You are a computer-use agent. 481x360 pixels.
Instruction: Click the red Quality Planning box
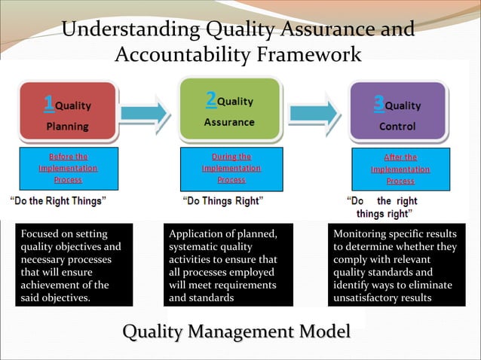pyautogui.click(x=67, y=113)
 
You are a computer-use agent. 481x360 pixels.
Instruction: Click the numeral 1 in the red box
pyautogui.click(x=47, y=102)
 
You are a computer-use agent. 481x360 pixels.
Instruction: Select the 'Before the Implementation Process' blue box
pyautogui.click(x=68, y=169)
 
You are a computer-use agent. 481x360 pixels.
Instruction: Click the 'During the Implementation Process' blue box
pyautogui.click(x=231, y=168)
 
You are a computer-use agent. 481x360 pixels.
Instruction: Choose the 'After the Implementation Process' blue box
pyautogui.click(x=400, y=169)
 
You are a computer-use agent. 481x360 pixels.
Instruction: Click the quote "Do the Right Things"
pyautogui.click(x=57, y=200)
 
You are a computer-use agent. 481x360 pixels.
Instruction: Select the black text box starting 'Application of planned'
pyautogui.click(x=228, y=265)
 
